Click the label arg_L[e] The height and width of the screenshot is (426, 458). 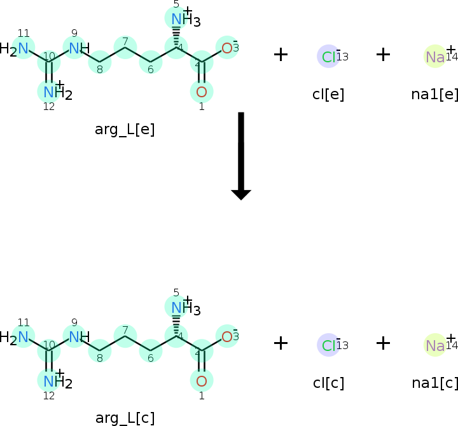tap(125, 130)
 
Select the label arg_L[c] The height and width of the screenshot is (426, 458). tap(125, 418)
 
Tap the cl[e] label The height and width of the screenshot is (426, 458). tap(328, 94)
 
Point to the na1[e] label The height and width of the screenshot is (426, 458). tap(435, 94)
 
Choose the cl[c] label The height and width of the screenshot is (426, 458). tap(328, 383)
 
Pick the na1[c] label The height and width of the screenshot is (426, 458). tap(435, 383)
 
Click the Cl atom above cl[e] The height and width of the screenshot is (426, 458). tap(328, 57)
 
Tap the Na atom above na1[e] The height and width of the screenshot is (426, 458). tap(435, 57)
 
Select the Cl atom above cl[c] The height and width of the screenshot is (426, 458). tap(328, 345)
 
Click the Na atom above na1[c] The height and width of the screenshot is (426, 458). tap(435, 345)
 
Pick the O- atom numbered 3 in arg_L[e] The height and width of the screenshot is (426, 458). tap(226, 48)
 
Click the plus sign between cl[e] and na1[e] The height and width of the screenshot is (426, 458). tap(382, 55)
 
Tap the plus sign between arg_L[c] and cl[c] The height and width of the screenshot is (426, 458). tap(281, 343)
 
